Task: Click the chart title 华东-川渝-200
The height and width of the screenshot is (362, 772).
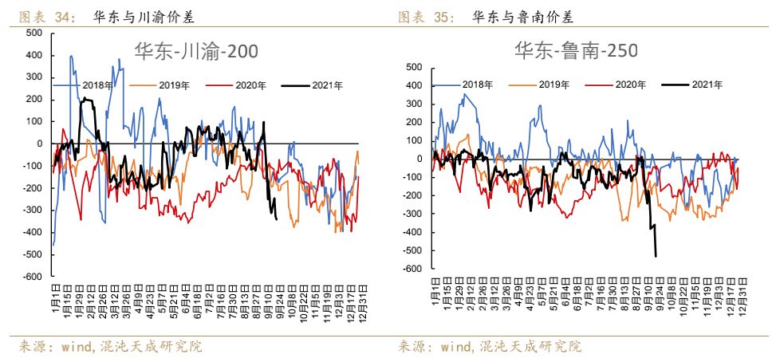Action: click(x=195, y=52)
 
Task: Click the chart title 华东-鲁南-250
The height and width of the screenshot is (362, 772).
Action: click(x=575, y=52)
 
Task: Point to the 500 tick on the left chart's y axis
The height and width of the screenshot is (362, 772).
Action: click(x=34, y=33)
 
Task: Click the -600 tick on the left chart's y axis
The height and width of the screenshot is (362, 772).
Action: click(x=33, y=277)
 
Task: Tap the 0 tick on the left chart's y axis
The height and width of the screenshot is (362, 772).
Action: click(x=39, y=144)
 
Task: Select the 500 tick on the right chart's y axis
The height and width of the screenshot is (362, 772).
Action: click(x=413, y=67)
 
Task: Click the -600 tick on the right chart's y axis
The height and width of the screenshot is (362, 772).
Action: click(x=412, y=270)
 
